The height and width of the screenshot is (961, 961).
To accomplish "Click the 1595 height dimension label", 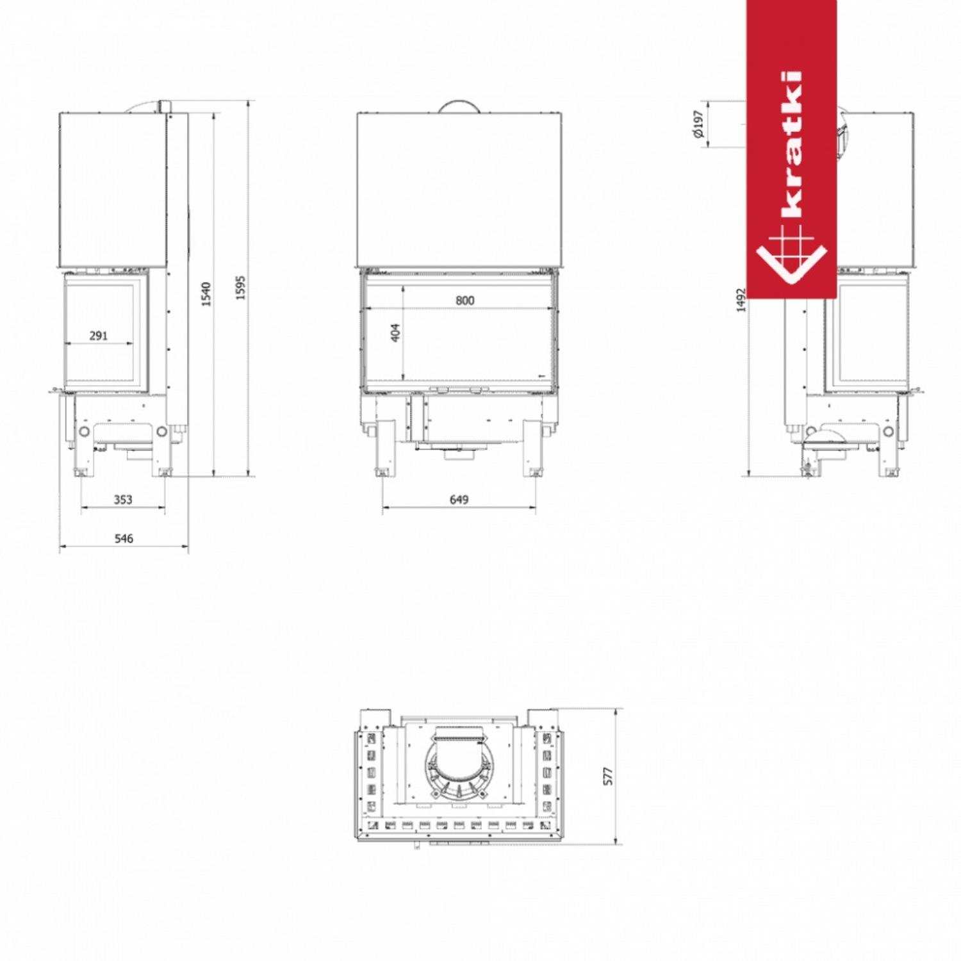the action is click(x=240, y=288).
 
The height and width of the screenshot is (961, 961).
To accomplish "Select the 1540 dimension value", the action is click(x=206, y=294).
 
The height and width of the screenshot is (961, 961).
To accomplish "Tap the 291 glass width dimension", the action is click(x=99, y=335).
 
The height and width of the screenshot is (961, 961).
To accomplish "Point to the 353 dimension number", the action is click(x=123, y=499).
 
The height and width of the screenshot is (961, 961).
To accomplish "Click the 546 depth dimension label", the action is click(x=124, y=538).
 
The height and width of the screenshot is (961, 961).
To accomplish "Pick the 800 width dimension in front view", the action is click(x=465, y=300).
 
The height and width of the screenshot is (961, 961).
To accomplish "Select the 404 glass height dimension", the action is click(x=395, y=333).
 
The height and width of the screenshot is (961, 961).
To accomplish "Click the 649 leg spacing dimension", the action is click(x=459, y=499).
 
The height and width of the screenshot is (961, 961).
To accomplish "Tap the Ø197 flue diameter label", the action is click(x=698, y=124).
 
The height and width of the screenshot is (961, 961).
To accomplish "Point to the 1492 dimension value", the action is click(x=741, y=300).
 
